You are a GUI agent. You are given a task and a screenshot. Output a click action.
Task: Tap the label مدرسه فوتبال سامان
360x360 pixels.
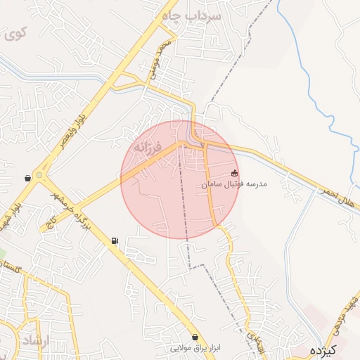point(234,184)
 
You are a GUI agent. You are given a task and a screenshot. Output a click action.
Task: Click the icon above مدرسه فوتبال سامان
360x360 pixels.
point(235,173)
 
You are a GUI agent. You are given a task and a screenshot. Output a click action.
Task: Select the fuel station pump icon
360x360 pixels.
point(115,241)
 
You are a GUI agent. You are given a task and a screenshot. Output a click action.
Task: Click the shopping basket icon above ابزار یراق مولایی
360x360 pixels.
point(195,337)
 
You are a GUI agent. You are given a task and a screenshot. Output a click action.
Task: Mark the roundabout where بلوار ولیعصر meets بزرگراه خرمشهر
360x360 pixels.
point(40,176)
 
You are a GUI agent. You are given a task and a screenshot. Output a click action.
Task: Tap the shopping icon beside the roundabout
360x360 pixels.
point(27,179)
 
